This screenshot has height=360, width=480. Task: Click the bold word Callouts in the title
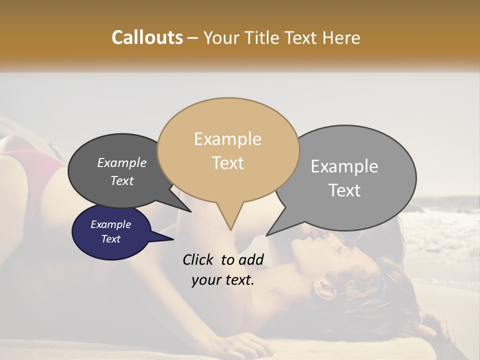tap(147, 37)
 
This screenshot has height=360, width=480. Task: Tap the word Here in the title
tap(341, 37)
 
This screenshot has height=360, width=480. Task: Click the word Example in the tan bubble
tap(228, 139)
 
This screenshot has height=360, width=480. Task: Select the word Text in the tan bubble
tap(228, 163)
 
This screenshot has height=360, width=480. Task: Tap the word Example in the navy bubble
tap(110, 224)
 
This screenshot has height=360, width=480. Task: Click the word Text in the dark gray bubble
tap(121, 181)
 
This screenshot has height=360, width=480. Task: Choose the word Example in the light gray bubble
tap(344, 166)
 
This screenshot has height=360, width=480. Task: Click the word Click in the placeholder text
tap(197, 259)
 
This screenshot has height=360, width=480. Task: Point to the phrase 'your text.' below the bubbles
tap(223, 280)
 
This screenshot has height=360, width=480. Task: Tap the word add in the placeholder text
tap(251, 259)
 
